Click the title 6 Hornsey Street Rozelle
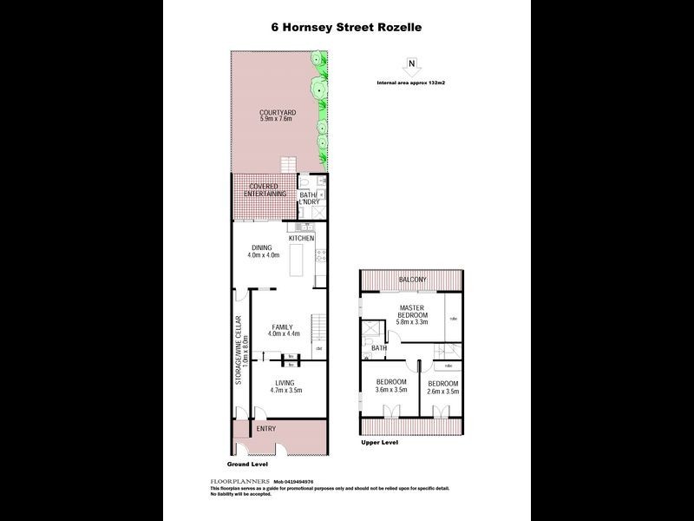point(347,27)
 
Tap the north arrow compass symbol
point(411,63)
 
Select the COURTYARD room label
point(278,113)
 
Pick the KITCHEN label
point(302,238)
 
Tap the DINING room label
point(262,247)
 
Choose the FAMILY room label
point(283,326)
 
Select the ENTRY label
point(265,430)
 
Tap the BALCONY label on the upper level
point(412,280)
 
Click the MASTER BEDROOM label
point(410,313)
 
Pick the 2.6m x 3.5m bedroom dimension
point(442,391)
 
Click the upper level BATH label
point(379,348)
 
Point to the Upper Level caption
point(379,443)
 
